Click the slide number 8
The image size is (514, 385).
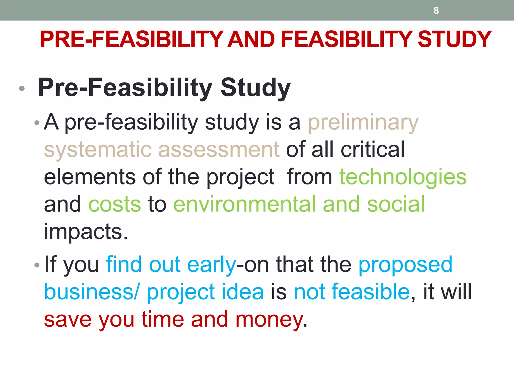(436, 11)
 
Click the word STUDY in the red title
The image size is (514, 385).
(454, 39)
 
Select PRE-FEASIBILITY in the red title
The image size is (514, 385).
(132, 39)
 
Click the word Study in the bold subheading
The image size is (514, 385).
(255, 88)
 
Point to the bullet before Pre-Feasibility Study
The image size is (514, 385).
(22, 88)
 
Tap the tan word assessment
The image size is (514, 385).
(219, 150)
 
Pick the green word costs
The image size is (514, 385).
(115, 204)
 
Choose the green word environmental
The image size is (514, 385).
(244, 204)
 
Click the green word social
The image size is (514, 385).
(396, 204)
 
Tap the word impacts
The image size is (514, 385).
(86, 232)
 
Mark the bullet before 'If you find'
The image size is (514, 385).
(37, 265)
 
